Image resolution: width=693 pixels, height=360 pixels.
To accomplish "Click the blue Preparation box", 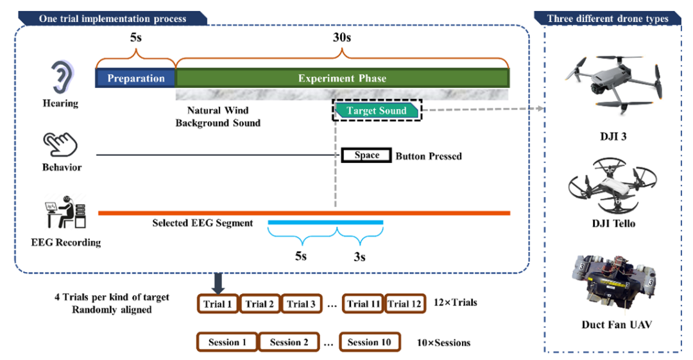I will tap(135, 78).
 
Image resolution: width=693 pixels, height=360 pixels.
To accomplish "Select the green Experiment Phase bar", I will tap(343, 78).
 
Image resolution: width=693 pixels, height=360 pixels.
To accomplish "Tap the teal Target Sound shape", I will tap(377, 110).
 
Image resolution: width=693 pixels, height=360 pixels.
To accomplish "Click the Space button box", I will tap(366, 155).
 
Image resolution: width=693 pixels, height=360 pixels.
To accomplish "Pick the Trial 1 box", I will tap(218, 304).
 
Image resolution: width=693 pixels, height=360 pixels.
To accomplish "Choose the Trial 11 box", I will tap(363, 304).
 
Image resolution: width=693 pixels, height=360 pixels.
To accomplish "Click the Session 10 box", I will tap(370, 342).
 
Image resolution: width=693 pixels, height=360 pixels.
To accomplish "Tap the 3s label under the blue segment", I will tap(360, 257).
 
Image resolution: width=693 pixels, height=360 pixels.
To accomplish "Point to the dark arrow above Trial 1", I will tap(219, 280).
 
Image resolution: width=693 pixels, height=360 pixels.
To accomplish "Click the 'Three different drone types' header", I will tap(608, 19).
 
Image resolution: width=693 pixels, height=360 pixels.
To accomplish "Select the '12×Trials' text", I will tap(455, 302).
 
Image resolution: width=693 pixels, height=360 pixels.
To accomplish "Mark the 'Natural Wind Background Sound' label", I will tap(218, 116).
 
